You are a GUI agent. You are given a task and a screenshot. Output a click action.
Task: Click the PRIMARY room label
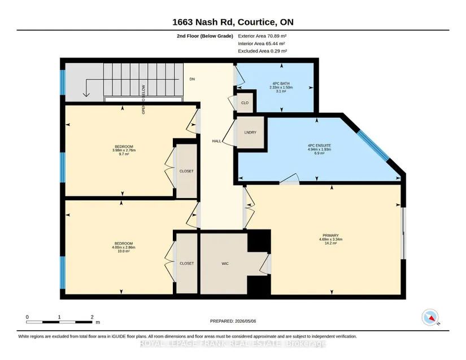point(330,235)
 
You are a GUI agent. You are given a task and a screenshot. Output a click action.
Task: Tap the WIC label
point(225,264)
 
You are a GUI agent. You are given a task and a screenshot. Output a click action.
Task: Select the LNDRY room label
point(250,133)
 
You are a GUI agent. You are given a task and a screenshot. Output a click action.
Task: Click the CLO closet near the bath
point(245,103)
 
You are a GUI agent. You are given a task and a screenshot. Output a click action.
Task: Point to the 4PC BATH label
point(281,84)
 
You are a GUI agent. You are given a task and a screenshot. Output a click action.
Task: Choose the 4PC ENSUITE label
point(319,146)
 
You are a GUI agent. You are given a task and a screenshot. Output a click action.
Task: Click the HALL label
point(217,141)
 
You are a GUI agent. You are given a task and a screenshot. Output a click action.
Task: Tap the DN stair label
point(192,79)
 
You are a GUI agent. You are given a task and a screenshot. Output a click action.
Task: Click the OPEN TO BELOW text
point(143,99)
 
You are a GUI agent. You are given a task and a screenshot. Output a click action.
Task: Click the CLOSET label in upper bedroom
point(186,171)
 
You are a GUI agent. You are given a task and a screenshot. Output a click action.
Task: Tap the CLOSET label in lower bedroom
point(186,264)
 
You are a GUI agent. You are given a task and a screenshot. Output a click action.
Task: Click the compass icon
point(430,317)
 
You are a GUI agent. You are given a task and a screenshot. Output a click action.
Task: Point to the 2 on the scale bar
point(92,317)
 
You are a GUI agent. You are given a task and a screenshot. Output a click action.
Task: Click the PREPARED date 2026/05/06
point(246,321)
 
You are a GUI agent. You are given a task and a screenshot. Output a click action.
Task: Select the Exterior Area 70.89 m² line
point(262,36)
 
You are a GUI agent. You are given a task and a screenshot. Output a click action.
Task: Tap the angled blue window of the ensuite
point(373,146)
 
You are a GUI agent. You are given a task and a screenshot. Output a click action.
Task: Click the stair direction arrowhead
point(86,94)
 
